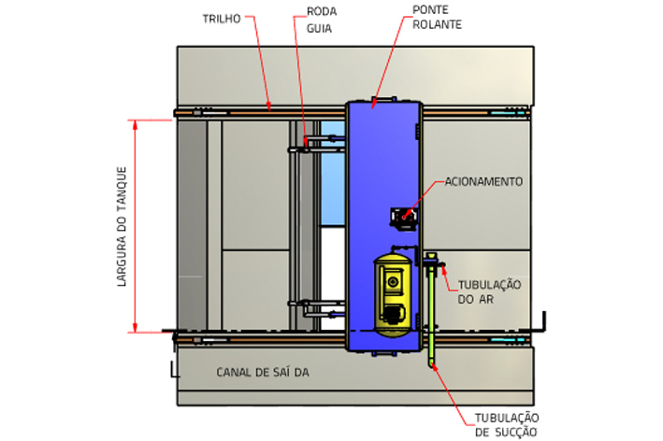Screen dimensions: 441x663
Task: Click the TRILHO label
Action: point(221,18)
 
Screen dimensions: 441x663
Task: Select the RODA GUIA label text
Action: point(321,21)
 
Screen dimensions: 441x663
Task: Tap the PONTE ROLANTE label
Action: point(437,17)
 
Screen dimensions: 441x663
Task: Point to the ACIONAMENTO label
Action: point(483,181)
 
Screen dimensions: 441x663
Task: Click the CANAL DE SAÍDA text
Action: point(262,372)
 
